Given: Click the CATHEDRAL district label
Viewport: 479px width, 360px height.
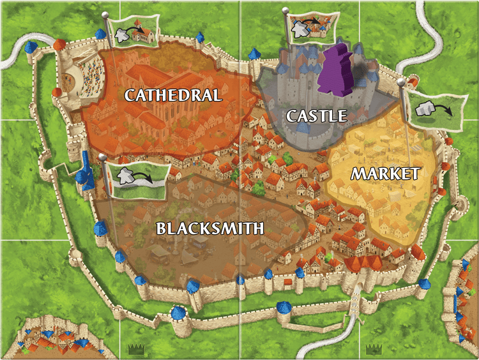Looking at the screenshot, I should point(173,96).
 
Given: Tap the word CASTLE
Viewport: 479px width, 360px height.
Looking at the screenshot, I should point(316,116).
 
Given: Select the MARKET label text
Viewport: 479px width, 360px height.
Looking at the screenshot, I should point(385,173).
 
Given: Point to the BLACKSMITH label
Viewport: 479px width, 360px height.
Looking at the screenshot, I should point(211,228).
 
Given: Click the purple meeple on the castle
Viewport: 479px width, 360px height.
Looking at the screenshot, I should point(337,71).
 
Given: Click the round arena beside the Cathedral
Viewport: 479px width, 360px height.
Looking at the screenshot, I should point(80,73).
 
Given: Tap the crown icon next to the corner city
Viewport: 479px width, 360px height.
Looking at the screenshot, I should point(135,349).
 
